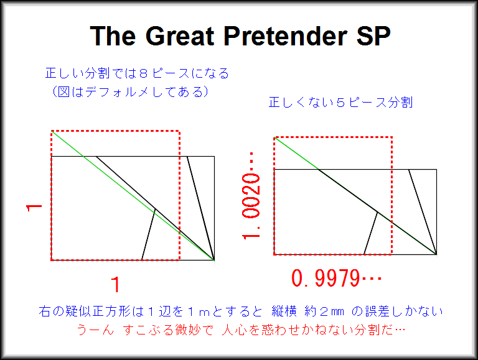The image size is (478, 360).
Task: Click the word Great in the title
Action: click(x=180, y=36)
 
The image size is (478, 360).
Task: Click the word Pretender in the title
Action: click(x=286, y=36)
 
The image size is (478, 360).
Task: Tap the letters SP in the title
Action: click(x=373, y=36)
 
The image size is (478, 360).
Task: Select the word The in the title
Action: click(x=113, y=36)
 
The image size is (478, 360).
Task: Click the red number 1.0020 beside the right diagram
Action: click(x=251, y=195)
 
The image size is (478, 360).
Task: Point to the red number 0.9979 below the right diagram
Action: click(x=336, y=278)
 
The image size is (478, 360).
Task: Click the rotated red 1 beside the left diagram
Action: click(x=34, y=208)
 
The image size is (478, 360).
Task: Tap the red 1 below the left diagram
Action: click(x=116, y=285)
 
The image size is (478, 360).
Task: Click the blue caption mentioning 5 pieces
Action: click(x=340, y=103)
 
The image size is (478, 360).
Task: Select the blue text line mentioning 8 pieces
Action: click(x=137, y=73)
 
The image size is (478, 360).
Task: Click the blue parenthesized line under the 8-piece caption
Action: click(x=131, y=91)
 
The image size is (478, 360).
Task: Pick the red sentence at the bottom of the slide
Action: click(x=241, y=330)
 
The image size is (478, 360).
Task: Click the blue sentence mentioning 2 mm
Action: click(x=241, y=312)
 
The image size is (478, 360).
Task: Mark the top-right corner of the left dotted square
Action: click(x=179, y=131)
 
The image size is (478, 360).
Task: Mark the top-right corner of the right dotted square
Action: click(x=391, y=137)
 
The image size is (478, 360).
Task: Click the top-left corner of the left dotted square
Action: click(x=52, y=131)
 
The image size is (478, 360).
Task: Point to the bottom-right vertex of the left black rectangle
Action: click(x=214, y=260)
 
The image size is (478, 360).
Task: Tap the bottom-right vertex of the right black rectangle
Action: click(x=436, y=254)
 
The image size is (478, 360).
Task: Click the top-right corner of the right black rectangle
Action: click(x=436, y=169)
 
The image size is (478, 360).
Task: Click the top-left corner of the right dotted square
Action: click(x=274, y=137)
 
